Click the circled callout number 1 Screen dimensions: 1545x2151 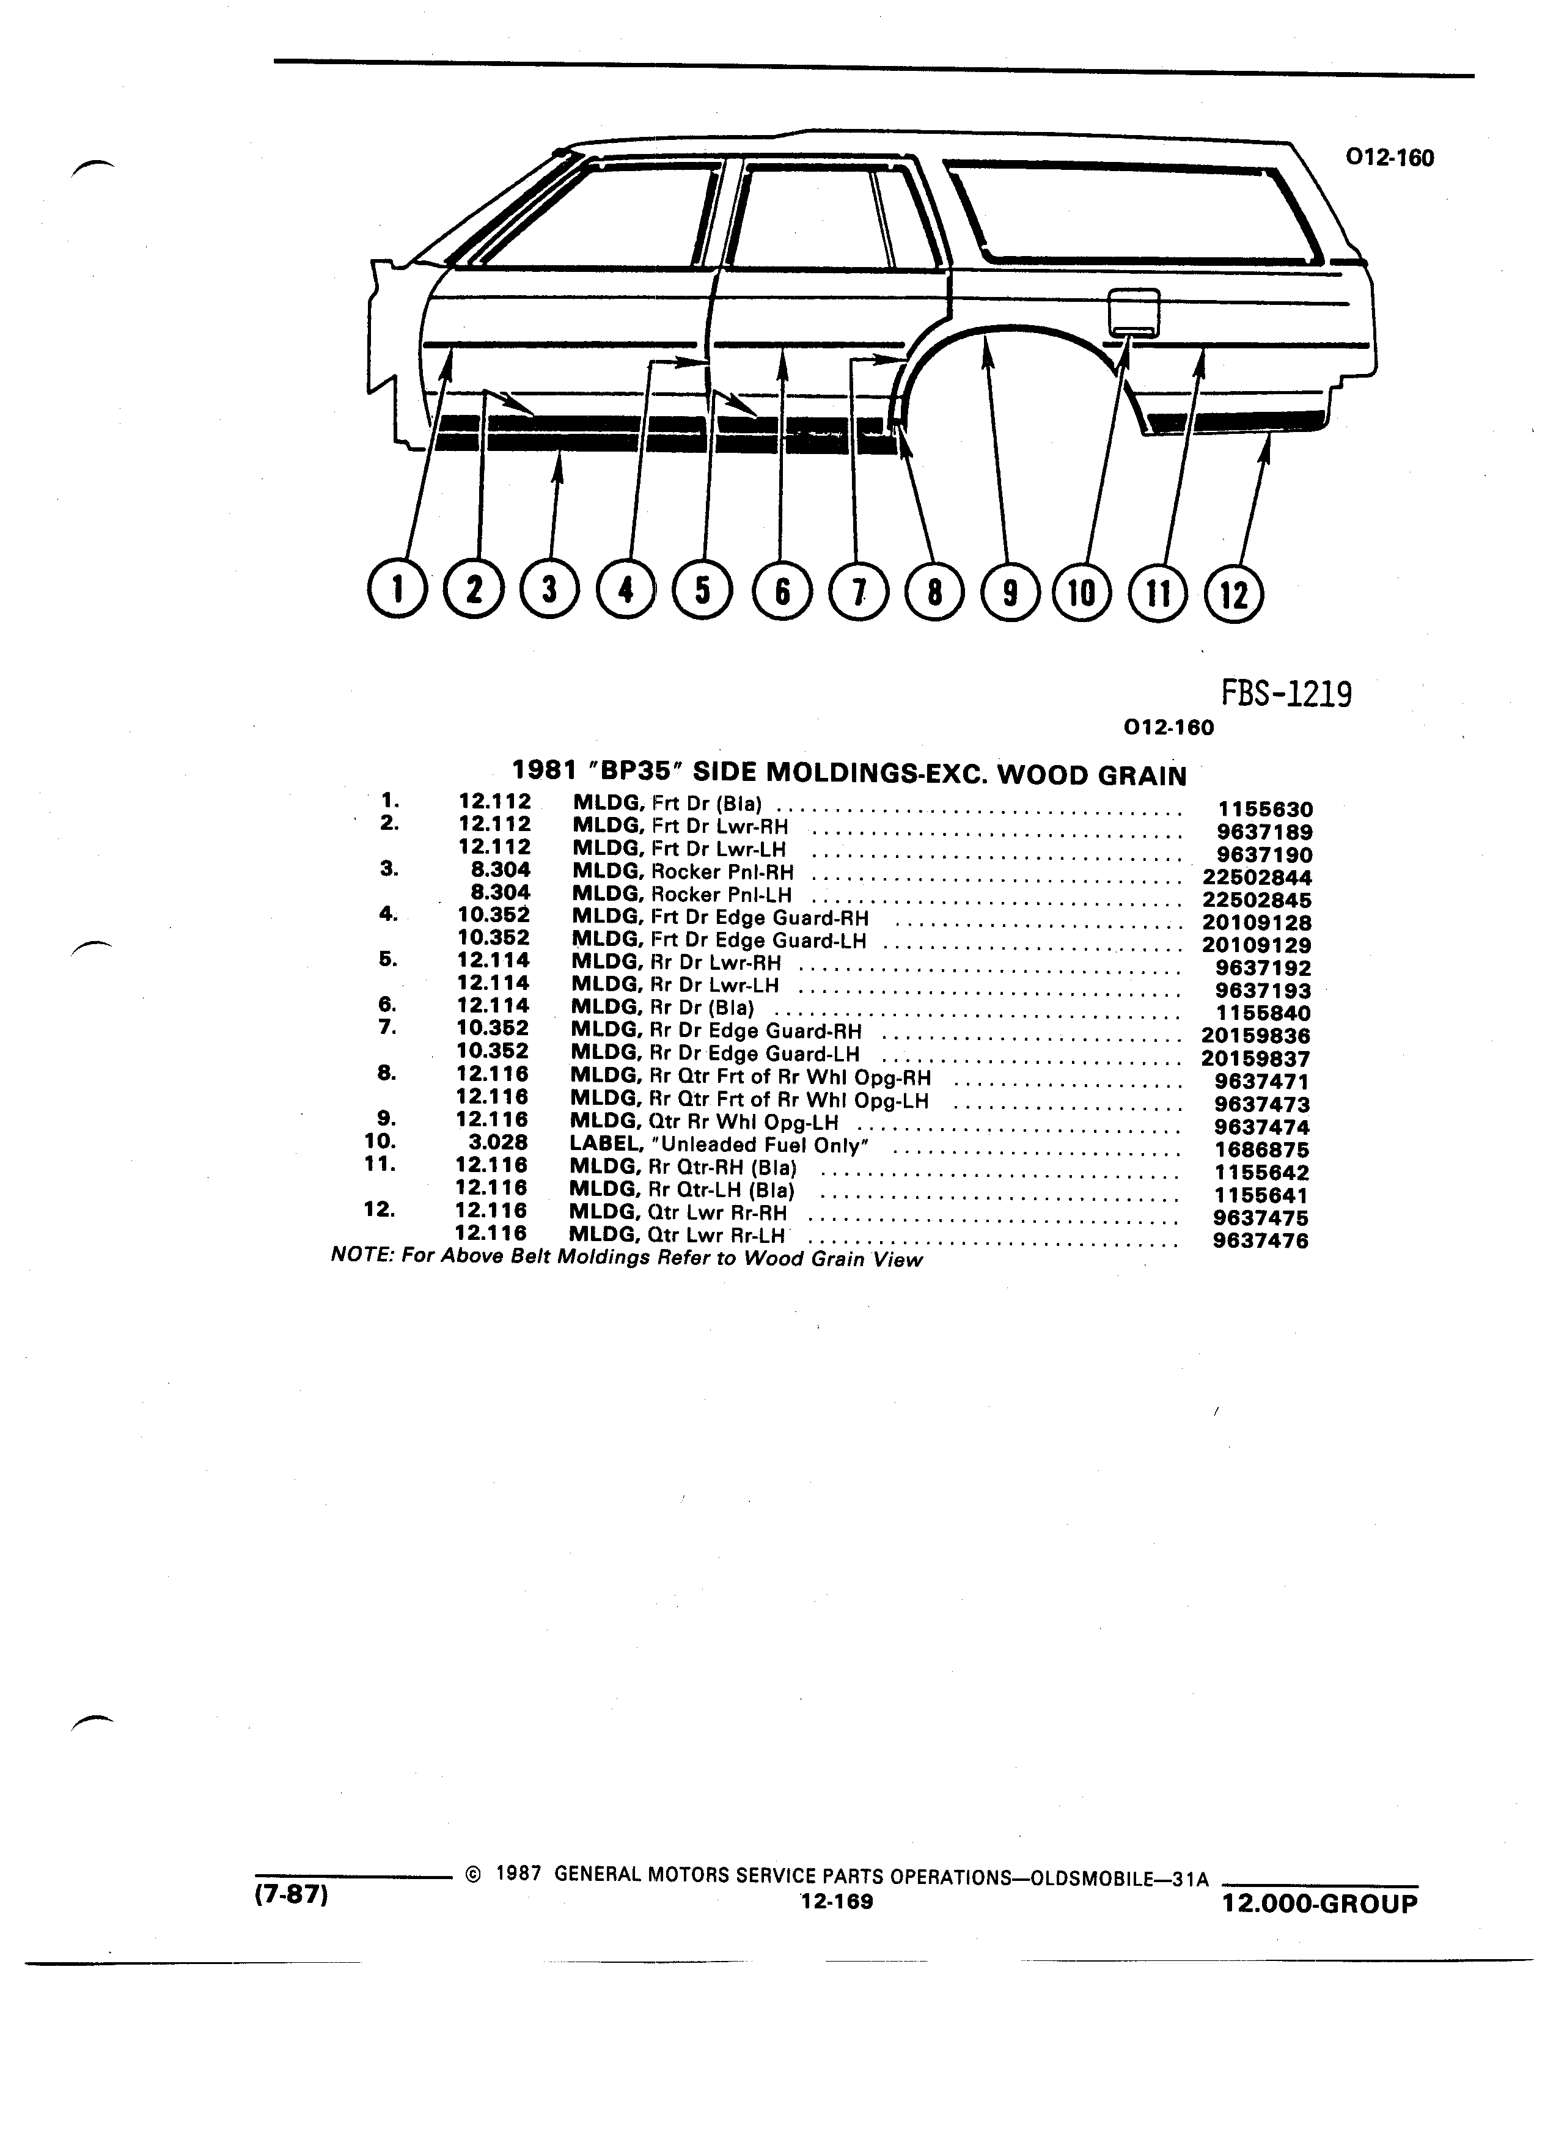click(x=397, y=591)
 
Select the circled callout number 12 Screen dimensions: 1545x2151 click(x=1234, y=594)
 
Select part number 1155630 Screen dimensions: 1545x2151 click(x=1264, y=809)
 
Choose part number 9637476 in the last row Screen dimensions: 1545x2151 click(x=1260, y=1240)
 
